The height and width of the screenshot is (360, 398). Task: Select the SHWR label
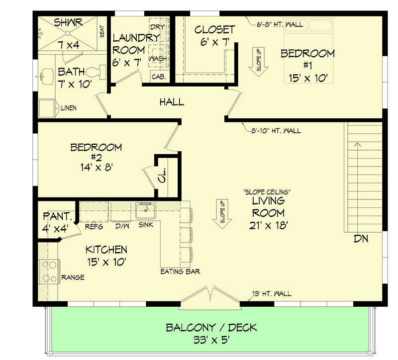pos(68,22)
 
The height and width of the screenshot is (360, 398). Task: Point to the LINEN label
pos(68,108)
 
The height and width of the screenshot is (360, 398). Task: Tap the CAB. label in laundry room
pos(158,77)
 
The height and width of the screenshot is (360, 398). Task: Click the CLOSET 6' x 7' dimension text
pos(214,42)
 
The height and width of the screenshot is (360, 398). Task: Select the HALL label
pos(172,102)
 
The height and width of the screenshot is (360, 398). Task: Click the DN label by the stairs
pos(361,239)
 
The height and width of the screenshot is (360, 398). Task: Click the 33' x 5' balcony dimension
pos(211,342)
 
